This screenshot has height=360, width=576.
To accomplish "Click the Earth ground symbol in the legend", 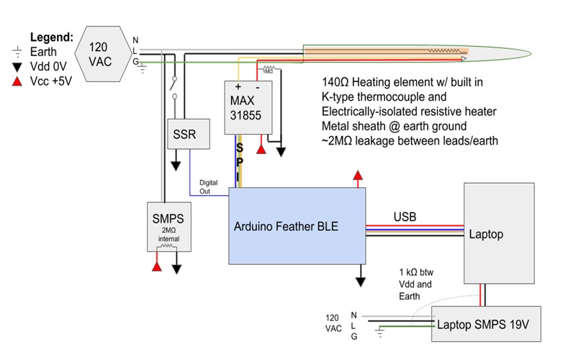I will pyautogui.click(x=17, y=53).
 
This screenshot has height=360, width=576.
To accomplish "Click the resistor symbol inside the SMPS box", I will pyautogui.click(x=170, y=246).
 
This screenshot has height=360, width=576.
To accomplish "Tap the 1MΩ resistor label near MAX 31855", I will pyautogui.click(x=267, y=71).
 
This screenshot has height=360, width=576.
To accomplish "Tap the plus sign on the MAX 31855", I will pyautogui.click(x=238, y=86).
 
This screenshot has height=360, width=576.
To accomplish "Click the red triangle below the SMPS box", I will pyautogui.click(x=156, y=268).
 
